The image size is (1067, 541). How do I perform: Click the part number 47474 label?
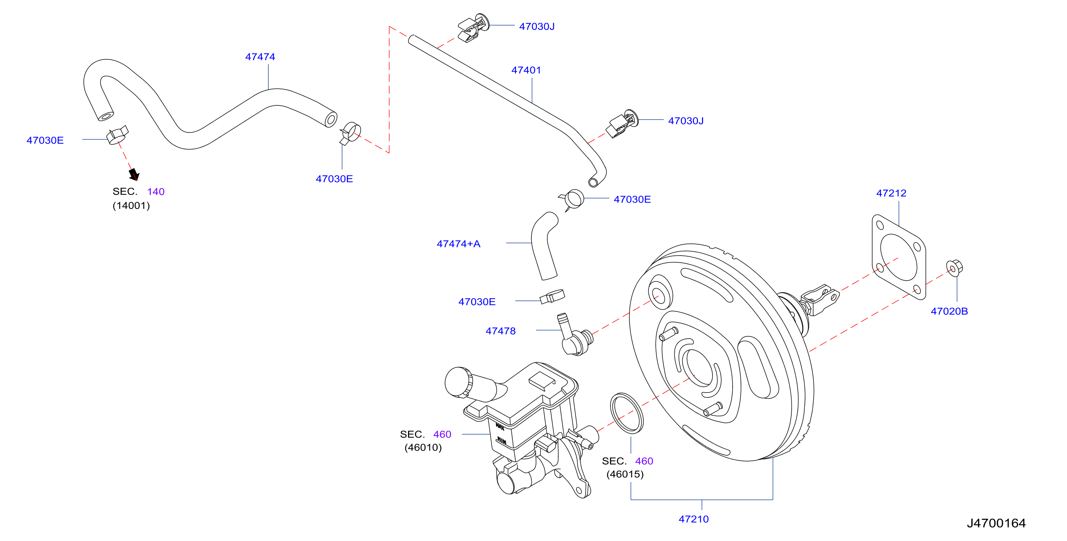(260, 57)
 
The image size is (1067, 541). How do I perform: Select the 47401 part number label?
(526, 70)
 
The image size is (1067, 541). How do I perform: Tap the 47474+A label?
(458, 244)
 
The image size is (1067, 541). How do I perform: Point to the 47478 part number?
(500, 331)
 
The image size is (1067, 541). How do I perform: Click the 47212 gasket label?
(891, 193)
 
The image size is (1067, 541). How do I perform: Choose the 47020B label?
(949, 311)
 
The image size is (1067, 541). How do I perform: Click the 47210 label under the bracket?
(693, 519)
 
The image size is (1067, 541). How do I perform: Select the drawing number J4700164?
(996, 523)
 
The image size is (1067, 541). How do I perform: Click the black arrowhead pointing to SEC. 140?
(134, 174)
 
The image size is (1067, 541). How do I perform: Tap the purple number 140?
(156, 192)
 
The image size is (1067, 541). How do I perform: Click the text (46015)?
(625, 474)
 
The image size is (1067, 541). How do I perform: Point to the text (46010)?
(423, 447)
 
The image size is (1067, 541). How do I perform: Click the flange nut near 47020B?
(954, 268)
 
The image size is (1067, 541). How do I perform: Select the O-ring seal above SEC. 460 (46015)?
(627, 413)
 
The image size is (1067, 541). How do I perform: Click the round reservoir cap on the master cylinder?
(458, 382)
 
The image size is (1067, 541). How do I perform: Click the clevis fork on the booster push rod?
(820, 299)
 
